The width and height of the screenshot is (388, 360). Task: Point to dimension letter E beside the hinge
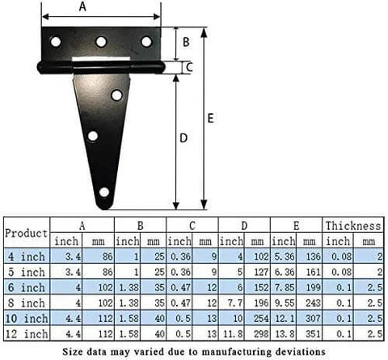pos(209,118)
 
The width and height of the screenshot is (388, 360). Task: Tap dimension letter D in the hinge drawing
pos(183,138)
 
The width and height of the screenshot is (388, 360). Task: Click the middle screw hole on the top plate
pos(101,41)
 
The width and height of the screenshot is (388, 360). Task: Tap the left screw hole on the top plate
pos(56,40)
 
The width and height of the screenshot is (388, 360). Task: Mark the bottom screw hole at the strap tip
pos(103,193)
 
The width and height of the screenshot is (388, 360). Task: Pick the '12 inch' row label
pos(27,333)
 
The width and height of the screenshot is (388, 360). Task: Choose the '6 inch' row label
pos(27,287)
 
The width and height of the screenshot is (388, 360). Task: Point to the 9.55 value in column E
pos(285,303)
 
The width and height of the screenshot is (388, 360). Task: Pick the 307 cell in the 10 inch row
pos(310,318)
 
